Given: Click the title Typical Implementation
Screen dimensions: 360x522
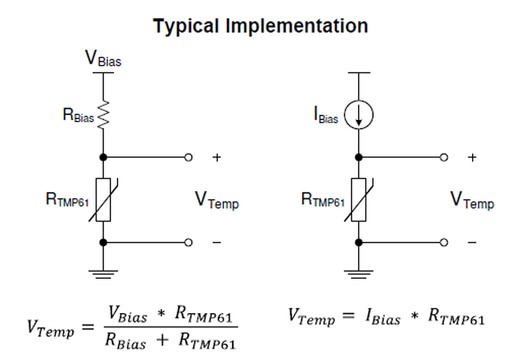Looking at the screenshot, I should pyautogui.click(x=260, y=26).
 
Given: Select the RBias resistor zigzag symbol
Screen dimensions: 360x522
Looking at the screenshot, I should pyautogui.click(x=104, y=115).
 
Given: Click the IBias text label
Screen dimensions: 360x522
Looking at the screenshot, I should pyautogui.click(x=327, y=116).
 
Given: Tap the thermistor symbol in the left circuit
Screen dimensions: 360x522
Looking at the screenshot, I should pyautogui.click(x=104, y=200).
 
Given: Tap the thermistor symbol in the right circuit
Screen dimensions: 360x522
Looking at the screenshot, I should pyautogui.click(x=359, y=200).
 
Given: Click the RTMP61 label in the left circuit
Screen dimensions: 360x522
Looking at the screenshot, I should pyautogui.click(x=68, y=199).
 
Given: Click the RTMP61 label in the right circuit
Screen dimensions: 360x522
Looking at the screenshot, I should pyautogui.click(x=323, y=199).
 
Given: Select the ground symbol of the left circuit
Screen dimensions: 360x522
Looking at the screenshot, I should pyautogui.click(x=104, y=274).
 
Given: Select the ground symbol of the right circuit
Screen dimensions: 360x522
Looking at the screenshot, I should pyautogui.click(x=359, y=274).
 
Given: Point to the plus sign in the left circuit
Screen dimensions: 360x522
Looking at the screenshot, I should pyautogui.click(x=217, y=158).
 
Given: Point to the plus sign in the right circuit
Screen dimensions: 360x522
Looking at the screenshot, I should pyautogui.click(x=471, y=158).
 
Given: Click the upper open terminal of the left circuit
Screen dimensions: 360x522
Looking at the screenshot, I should pyautogui.click(x=189, y=157).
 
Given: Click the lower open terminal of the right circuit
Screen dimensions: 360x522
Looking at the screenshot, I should pyautogui.click(x=444, y=242).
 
